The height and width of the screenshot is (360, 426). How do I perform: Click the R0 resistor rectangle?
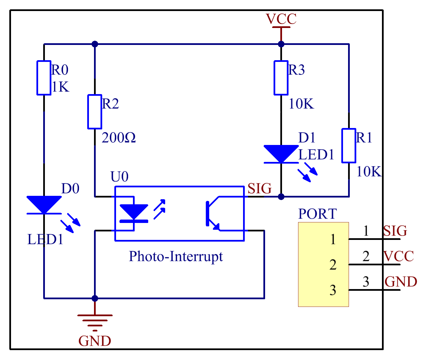44,78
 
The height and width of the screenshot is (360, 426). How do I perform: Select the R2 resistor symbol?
95,112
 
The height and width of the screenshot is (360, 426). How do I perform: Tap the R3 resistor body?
281,78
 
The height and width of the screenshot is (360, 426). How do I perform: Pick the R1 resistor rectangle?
349,146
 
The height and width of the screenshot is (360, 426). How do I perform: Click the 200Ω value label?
119,138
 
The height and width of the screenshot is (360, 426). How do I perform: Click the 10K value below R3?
301,104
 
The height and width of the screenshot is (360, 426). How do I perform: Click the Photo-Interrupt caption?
176,257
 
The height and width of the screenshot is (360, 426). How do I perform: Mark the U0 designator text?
119,177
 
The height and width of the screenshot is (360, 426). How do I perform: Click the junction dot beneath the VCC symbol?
281,44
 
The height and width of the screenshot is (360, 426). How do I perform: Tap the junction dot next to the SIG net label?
281,197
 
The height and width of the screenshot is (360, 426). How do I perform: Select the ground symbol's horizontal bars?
95,321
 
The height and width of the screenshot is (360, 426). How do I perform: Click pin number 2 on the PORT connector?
333,265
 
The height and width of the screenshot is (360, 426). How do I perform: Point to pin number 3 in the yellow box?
333,290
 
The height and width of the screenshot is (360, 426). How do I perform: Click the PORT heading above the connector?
317,214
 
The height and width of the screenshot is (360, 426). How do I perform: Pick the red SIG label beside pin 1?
395,231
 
